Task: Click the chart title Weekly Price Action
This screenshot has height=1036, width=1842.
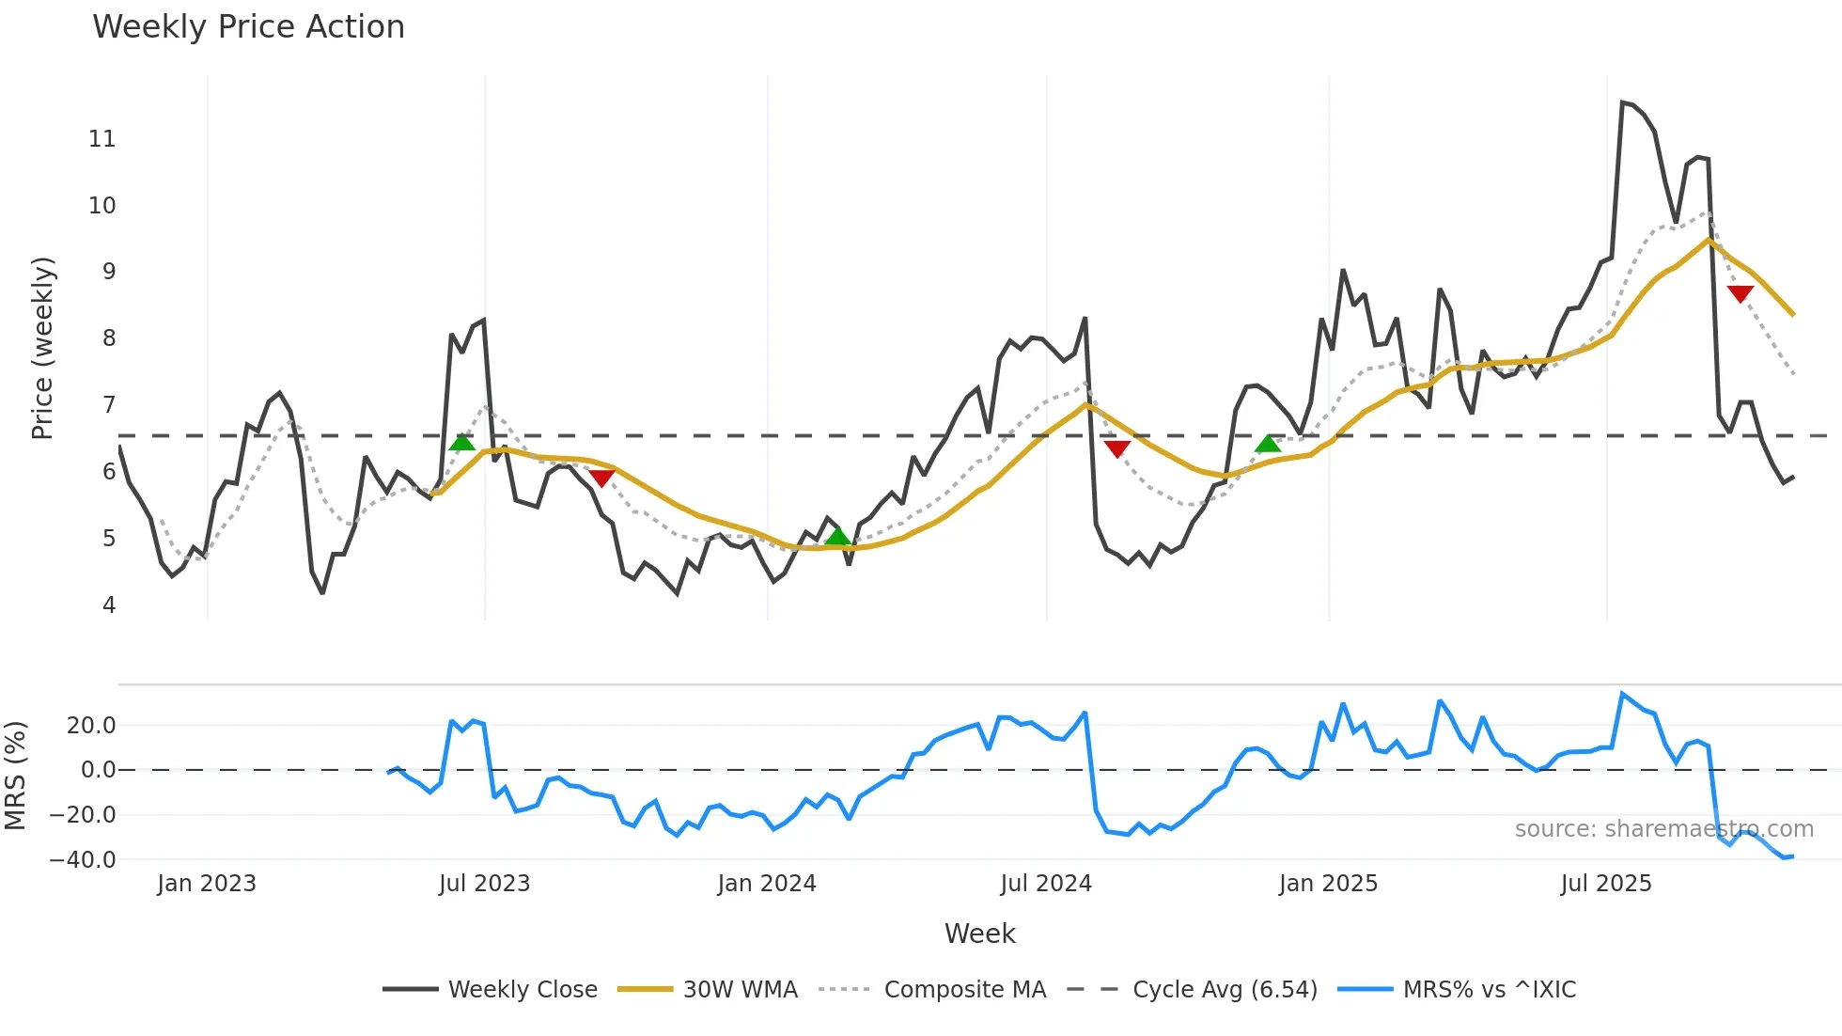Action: point(248,27)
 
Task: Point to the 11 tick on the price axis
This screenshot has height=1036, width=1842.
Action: point(101,139)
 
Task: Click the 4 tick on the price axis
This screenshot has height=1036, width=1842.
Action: point(109,605)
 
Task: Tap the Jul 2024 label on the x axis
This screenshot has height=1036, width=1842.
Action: point(1045,884)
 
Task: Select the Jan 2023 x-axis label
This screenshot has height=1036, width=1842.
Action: point(206,884)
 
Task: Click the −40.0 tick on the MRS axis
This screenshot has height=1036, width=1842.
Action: point(83,860)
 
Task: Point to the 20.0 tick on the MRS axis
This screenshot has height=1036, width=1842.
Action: point(91,726)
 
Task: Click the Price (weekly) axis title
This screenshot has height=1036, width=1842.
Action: point(42,348)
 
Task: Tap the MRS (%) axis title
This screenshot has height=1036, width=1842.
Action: point(15,776)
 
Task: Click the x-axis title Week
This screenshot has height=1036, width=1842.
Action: point(979,934)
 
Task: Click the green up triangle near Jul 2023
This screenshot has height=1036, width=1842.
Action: point(461,443)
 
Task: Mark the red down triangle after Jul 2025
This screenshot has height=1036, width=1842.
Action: point(1741,293)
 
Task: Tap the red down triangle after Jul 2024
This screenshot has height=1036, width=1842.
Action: point(1116,448)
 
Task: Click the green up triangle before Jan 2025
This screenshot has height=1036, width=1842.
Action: point(1268,444)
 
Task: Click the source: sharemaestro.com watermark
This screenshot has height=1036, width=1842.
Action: point(1663,829)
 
